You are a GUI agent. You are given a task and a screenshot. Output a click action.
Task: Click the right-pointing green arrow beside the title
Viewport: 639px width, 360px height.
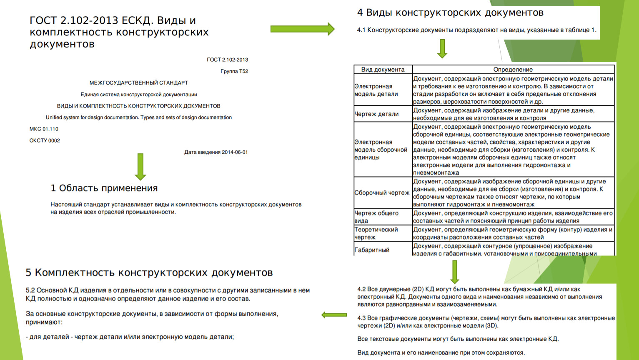coord(302,29)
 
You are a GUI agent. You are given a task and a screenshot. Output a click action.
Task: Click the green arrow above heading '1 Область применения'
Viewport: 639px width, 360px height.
coord(140,166)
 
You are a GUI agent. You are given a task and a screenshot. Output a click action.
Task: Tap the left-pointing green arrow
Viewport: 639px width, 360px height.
coord(334,315)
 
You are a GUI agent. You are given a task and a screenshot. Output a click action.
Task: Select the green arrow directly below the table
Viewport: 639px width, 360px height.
coord(454,272)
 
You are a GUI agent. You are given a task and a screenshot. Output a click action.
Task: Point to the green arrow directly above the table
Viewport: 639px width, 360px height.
coord(442,48)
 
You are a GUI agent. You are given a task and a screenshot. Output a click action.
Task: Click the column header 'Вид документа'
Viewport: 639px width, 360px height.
coord(383,70)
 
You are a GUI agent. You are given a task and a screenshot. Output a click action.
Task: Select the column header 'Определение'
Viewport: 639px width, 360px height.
coord(513,70)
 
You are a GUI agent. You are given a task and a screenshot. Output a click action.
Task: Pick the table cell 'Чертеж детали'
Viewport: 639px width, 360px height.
coord(377,114)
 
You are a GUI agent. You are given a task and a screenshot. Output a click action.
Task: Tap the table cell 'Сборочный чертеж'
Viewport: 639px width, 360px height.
coord(382,192)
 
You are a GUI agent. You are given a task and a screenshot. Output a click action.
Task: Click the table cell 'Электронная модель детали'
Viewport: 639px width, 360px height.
coord(376,90)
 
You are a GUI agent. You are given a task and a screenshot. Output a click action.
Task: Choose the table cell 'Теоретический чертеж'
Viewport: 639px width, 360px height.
coord(376,233)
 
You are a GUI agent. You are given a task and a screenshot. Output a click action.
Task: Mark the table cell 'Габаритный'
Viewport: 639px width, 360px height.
coord(372,250)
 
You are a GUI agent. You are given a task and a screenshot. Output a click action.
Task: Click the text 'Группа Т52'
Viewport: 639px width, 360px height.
coord(234,71)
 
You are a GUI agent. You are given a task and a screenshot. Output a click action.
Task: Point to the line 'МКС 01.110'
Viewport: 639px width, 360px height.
coord(44,129)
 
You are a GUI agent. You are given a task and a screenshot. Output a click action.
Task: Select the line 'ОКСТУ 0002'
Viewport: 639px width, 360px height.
coord(45,141)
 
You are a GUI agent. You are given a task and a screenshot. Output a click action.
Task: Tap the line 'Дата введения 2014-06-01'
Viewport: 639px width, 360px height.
coord(216,152)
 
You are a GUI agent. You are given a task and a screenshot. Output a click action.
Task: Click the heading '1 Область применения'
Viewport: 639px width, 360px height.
coord(104,188)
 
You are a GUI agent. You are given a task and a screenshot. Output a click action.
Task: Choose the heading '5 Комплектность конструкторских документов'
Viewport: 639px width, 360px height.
coord(149,273)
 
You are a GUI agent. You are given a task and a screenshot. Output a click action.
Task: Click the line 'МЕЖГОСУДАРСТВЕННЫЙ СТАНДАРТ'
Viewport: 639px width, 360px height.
coord(139,83)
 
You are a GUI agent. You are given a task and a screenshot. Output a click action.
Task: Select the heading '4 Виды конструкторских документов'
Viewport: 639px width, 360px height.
coord(450,13)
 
